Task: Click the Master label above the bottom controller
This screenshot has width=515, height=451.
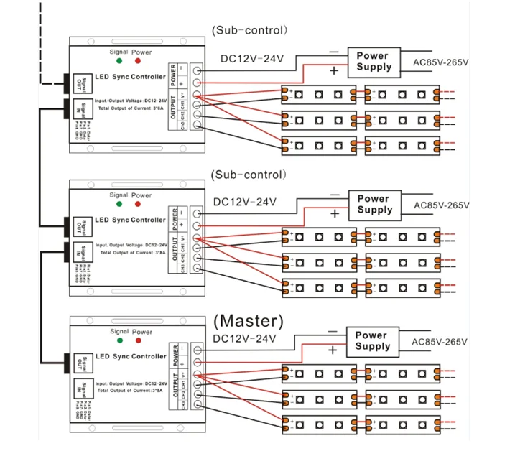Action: [x=249, y=320]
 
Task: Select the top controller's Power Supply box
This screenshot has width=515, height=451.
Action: [x=374, y=61]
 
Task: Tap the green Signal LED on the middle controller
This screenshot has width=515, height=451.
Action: [x=119, y=205]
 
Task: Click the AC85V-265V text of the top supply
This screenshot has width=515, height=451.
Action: [x=441, y=62]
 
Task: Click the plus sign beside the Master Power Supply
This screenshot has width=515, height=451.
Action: [x=332, y=350]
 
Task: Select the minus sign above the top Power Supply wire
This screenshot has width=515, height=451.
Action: [x=333, y=52]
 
